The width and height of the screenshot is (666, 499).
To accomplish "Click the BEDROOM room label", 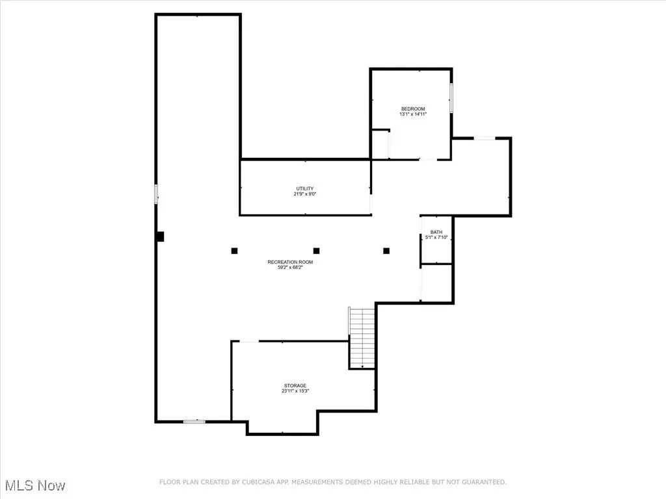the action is [x=413, y=109].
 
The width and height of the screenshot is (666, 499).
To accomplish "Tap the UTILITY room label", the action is [x=305, y=189].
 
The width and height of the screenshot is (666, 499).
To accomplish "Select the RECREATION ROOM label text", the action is [x=290, y=262].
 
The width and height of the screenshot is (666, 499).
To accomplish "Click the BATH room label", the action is [x=436, y=232].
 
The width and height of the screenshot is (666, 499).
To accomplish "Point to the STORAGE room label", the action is [x=295, y=386].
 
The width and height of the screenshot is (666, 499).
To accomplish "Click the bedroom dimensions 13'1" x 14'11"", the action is [x=413, y=114].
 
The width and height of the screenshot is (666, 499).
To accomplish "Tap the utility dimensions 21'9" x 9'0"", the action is [x=305, y=194].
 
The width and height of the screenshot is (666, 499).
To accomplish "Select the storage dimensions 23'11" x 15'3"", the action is [x=295, y=390].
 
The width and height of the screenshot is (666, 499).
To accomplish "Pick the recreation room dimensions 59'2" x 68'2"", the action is [x=290, y=267].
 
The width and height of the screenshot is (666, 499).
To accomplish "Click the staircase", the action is [x=362, y=338].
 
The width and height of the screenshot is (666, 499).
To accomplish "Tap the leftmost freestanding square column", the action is [x=234, y=251].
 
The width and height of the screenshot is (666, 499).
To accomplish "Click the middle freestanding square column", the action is [x=317, y=251].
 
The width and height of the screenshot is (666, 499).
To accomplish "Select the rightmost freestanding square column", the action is [x=386, y=251].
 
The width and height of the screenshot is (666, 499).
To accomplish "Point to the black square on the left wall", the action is [x=160, y=237].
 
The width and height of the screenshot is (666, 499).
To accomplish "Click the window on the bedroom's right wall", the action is [x=451, y=98].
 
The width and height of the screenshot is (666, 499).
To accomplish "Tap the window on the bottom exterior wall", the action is [x=194, y=421].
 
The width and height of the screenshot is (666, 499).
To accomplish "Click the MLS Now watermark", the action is [x=35, y=485].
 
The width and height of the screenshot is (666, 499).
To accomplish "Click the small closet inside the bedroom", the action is [x=380, y=144].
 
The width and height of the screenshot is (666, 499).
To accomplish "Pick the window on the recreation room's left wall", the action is [x=156, y=194].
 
